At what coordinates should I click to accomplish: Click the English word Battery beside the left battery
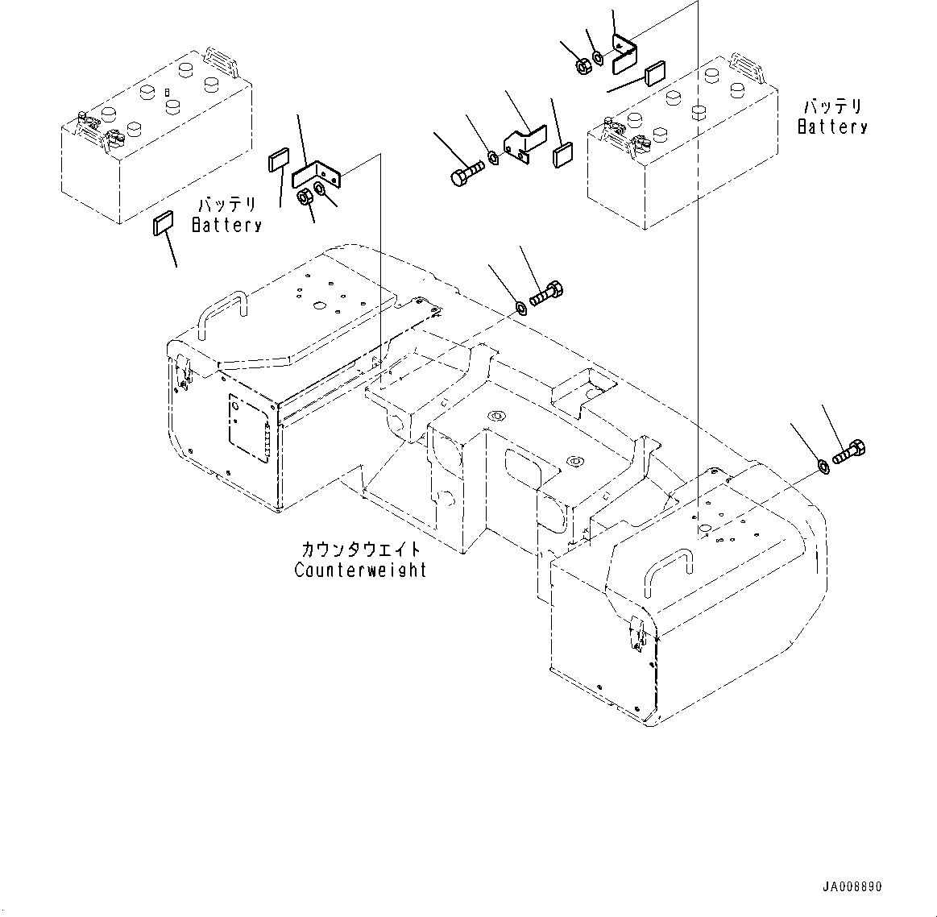pos(227,226)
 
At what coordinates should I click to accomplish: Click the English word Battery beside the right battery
pos(832,127)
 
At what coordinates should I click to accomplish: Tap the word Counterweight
pos(360,571)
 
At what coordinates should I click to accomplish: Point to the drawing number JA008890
pos(852,887)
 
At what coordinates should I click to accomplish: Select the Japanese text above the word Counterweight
pos(360,550)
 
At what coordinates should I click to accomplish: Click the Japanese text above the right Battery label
pos(832,107)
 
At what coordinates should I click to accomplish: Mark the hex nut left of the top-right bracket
pos(582,67)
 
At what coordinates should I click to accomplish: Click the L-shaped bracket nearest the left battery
pos(316,174)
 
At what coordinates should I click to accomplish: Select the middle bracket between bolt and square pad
pos(524,143)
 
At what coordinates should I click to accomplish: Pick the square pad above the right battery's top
pos(654,74)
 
